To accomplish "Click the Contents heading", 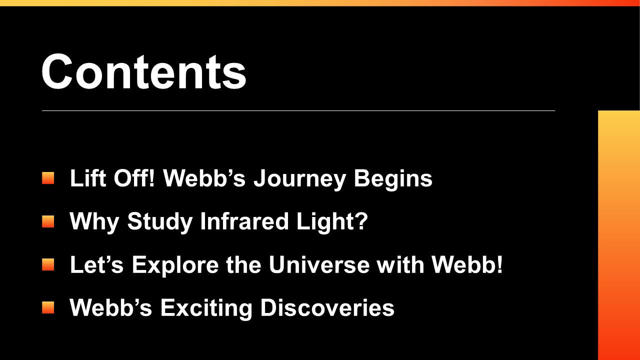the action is coord(143,71).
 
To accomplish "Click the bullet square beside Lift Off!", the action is coord(48,178).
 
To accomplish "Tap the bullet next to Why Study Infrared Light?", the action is coord(48,221).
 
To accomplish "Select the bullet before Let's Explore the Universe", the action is coord(48,264).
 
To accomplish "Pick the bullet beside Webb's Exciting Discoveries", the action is coord(48,307).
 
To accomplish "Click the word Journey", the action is coord(299,179).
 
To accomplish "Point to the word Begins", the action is coord(393,179).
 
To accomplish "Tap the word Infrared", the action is coord(244,221).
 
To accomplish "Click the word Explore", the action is coord(175,265).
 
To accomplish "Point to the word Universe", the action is coord(319,264).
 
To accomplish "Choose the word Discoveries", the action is coord(327,307).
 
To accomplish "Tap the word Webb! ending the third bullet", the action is coord(467,264).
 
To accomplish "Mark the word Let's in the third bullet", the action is coord(96,264).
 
